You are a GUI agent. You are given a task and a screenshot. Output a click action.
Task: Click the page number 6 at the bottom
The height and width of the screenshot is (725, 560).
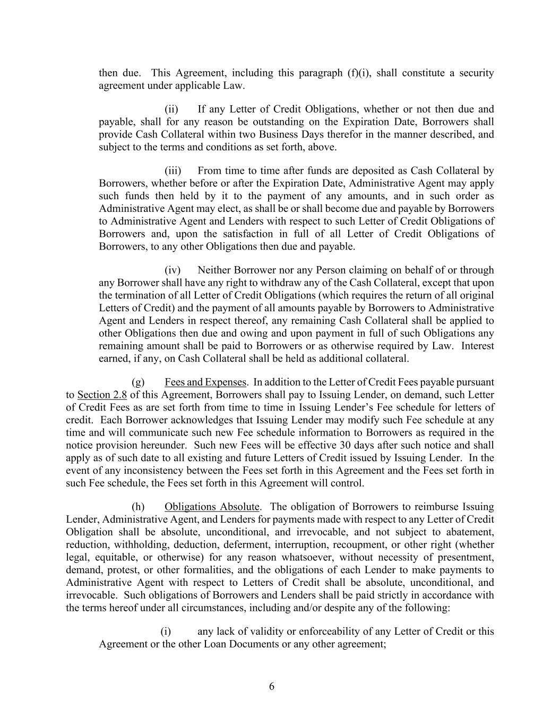pos(272,686)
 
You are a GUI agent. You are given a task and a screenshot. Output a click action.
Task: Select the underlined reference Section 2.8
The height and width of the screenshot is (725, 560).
pos(102,395)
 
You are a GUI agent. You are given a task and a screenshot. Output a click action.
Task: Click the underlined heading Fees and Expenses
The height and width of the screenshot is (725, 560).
pos(205,382)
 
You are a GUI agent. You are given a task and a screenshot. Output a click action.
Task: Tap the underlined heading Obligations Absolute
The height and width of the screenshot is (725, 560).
pos(212,507)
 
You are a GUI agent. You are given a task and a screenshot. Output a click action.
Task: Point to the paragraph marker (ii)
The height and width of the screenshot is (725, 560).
pos(171,109)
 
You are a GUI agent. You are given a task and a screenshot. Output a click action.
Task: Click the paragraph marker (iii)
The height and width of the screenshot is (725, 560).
pos(173,170)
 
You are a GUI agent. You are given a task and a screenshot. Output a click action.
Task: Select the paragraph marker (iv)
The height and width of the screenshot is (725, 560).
pos(173,270)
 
